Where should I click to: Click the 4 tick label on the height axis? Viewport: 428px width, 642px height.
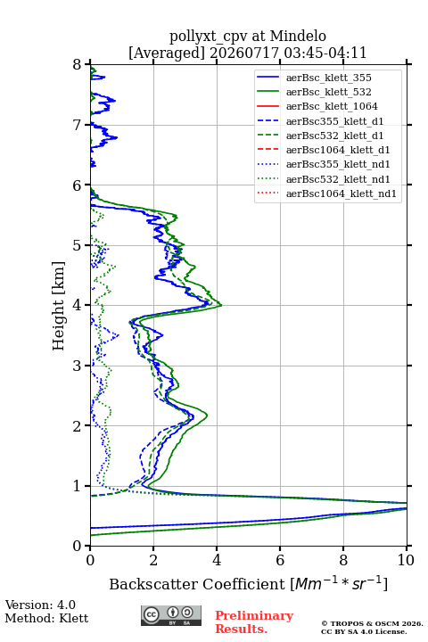coord(78,305)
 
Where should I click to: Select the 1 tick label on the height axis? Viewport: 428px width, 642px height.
coord(78,486)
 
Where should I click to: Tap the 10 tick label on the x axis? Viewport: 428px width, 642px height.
coord(406,560)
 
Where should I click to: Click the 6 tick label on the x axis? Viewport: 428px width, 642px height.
coord(280,560)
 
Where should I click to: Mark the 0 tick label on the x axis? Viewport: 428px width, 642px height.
coord(91,560)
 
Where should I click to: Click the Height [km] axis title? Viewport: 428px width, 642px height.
coord(59,306)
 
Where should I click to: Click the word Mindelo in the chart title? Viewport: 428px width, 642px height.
coord(298,36)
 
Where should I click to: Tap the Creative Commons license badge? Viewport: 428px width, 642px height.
coord(171,615)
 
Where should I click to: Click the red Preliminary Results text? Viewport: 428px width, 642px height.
coord(254,622)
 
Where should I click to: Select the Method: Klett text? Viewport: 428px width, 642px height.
coord(46,618)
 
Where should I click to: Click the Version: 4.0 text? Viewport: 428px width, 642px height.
coord(40,605)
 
